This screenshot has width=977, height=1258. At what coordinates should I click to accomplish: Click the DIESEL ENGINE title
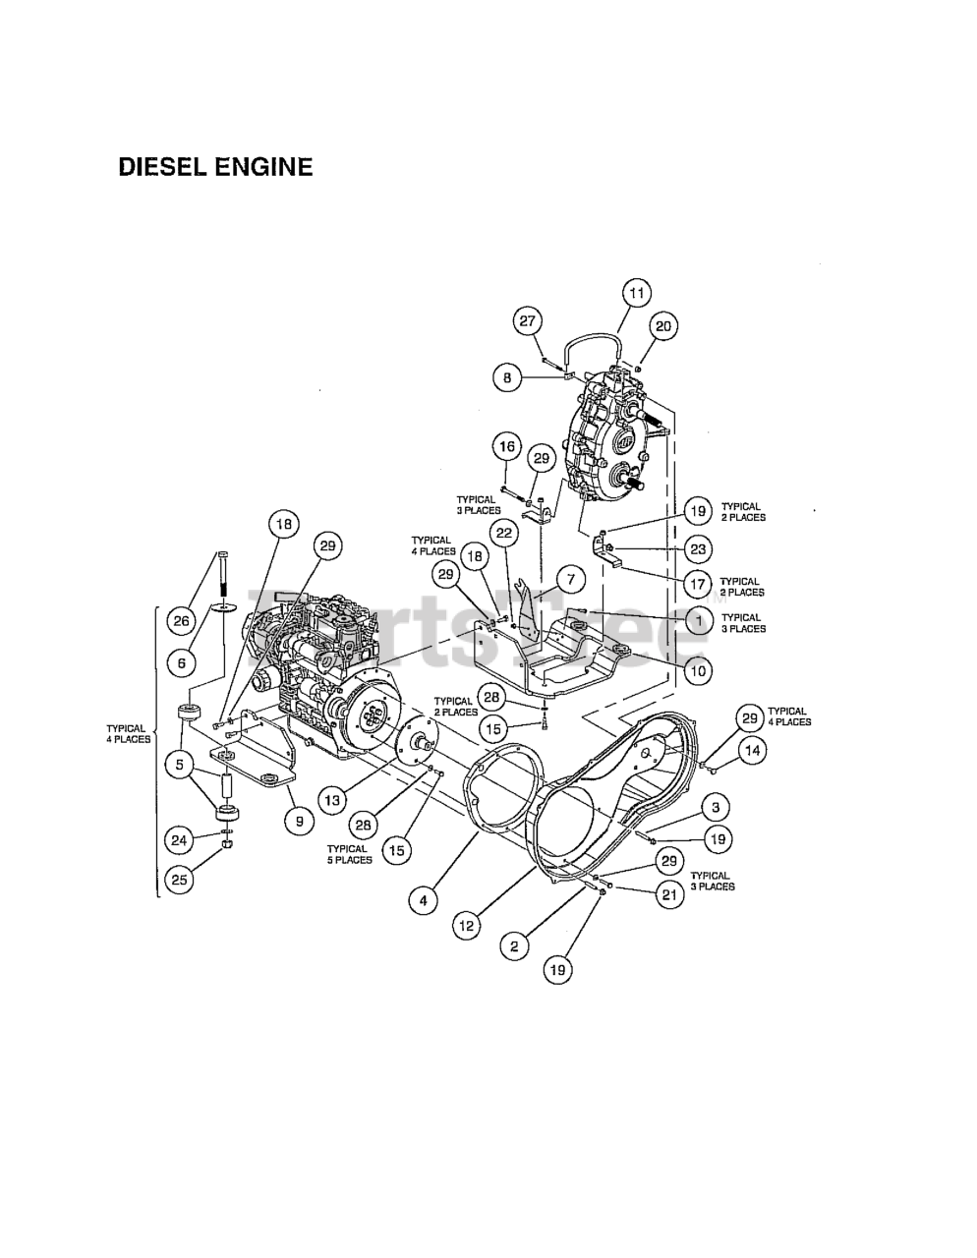[x=215, y=167]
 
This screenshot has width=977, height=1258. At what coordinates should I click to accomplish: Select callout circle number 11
[x=637, y=293]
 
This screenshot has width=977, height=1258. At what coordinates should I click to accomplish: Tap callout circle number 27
[x=528, y=320]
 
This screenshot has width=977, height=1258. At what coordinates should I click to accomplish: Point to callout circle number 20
[x=662, y=327]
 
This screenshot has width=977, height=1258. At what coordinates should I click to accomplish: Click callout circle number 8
[x=507, y=376]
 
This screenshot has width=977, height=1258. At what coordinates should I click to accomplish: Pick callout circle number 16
[x=507, y=448]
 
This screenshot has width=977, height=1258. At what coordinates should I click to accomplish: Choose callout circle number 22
[x=503, y=534]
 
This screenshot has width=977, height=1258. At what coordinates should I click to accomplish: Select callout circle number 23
[x=699, y=548]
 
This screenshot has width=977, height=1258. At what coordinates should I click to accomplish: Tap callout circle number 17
[x=698, y=585]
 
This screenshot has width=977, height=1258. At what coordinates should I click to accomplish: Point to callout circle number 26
[x=180, y=620]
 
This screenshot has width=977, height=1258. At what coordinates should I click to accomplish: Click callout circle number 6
[x=180, y=663]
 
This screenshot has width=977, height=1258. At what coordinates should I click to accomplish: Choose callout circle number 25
[x=179, y=880]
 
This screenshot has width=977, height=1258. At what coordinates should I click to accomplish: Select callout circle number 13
[x=333, y=800]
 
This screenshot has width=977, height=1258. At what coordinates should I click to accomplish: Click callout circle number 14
[x=751, y=752]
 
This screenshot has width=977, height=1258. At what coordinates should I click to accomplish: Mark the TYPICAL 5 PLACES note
[x=349, y=854]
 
